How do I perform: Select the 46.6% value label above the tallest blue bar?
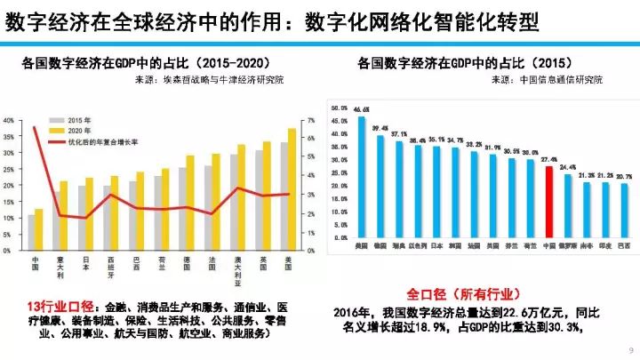(x=361, y=110)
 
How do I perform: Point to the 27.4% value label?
(x=549, y=161)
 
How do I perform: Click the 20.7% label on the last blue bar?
(x=624, y=177)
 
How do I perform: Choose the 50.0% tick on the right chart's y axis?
(x=338, y=108)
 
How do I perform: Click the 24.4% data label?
(x=568, y=167)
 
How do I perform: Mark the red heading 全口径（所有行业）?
(x=463, y=293)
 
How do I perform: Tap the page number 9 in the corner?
(x=629, y=349)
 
